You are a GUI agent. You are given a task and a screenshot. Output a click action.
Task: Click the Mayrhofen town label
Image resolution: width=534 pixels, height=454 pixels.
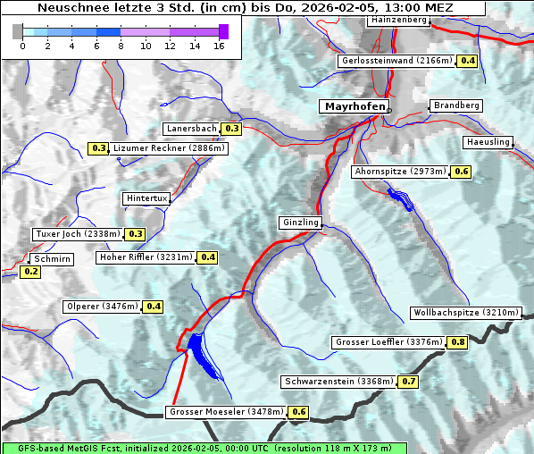(x=355, y=106)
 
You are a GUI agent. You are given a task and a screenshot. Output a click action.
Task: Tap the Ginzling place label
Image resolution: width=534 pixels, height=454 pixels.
(x=299, y=223)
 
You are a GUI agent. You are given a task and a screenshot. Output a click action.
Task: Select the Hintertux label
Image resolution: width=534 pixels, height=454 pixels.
(x=146, y=198)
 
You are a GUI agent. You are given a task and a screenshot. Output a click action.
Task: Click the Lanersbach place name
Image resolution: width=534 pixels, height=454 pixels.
(x=191, y=129)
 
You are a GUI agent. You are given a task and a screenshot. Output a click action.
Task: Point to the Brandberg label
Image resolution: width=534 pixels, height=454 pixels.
(x=456, y=105)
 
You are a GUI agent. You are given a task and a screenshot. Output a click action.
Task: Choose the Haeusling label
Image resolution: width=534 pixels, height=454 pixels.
(x=488, y=143)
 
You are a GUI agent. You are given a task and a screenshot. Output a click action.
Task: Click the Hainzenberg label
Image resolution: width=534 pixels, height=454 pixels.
(x=397, y=19)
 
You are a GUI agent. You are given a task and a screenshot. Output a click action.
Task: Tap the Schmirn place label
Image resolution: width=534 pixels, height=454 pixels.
(x=51, y=258)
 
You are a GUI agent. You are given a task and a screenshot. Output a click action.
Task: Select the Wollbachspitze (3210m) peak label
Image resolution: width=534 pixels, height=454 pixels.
(x=464, y=313)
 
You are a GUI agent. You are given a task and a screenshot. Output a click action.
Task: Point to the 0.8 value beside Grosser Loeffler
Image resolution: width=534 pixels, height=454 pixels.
(x=458, y=342)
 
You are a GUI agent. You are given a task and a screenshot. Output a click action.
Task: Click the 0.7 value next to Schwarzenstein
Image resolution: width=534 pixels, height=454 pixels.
(x=408, y=382)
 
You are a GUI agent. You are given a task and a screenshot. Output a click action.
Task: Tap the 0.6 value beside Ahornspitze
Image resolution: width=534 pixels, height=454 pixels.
(x=461, y=171)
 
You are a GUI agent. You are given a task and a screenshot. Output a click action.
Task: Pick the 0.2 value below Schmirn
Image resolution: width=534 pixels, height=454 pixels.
(x=30, y=272)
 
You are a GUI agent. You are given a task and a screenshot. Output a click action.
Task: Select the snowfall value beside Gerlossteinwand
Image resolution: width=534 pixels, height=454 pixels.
(x=467, y=61)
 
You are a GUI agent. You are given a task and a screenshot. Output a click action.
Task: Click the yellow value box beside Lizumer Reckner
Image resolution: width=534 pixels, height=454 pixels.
(x=98, y=148)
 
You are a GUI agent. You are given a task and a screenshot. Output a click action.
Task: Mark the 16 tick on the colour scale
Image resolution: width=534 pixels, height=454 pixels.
(x=219, y=46)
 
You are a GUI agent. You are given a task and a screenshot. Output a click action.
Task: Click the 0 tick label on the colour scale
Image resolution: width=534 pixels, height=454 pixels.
(x=22, y=46)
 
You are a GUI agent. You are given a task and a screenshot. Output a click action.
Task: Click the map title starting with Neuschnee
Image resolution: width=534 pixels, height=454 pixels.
(x=245, y=8)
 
